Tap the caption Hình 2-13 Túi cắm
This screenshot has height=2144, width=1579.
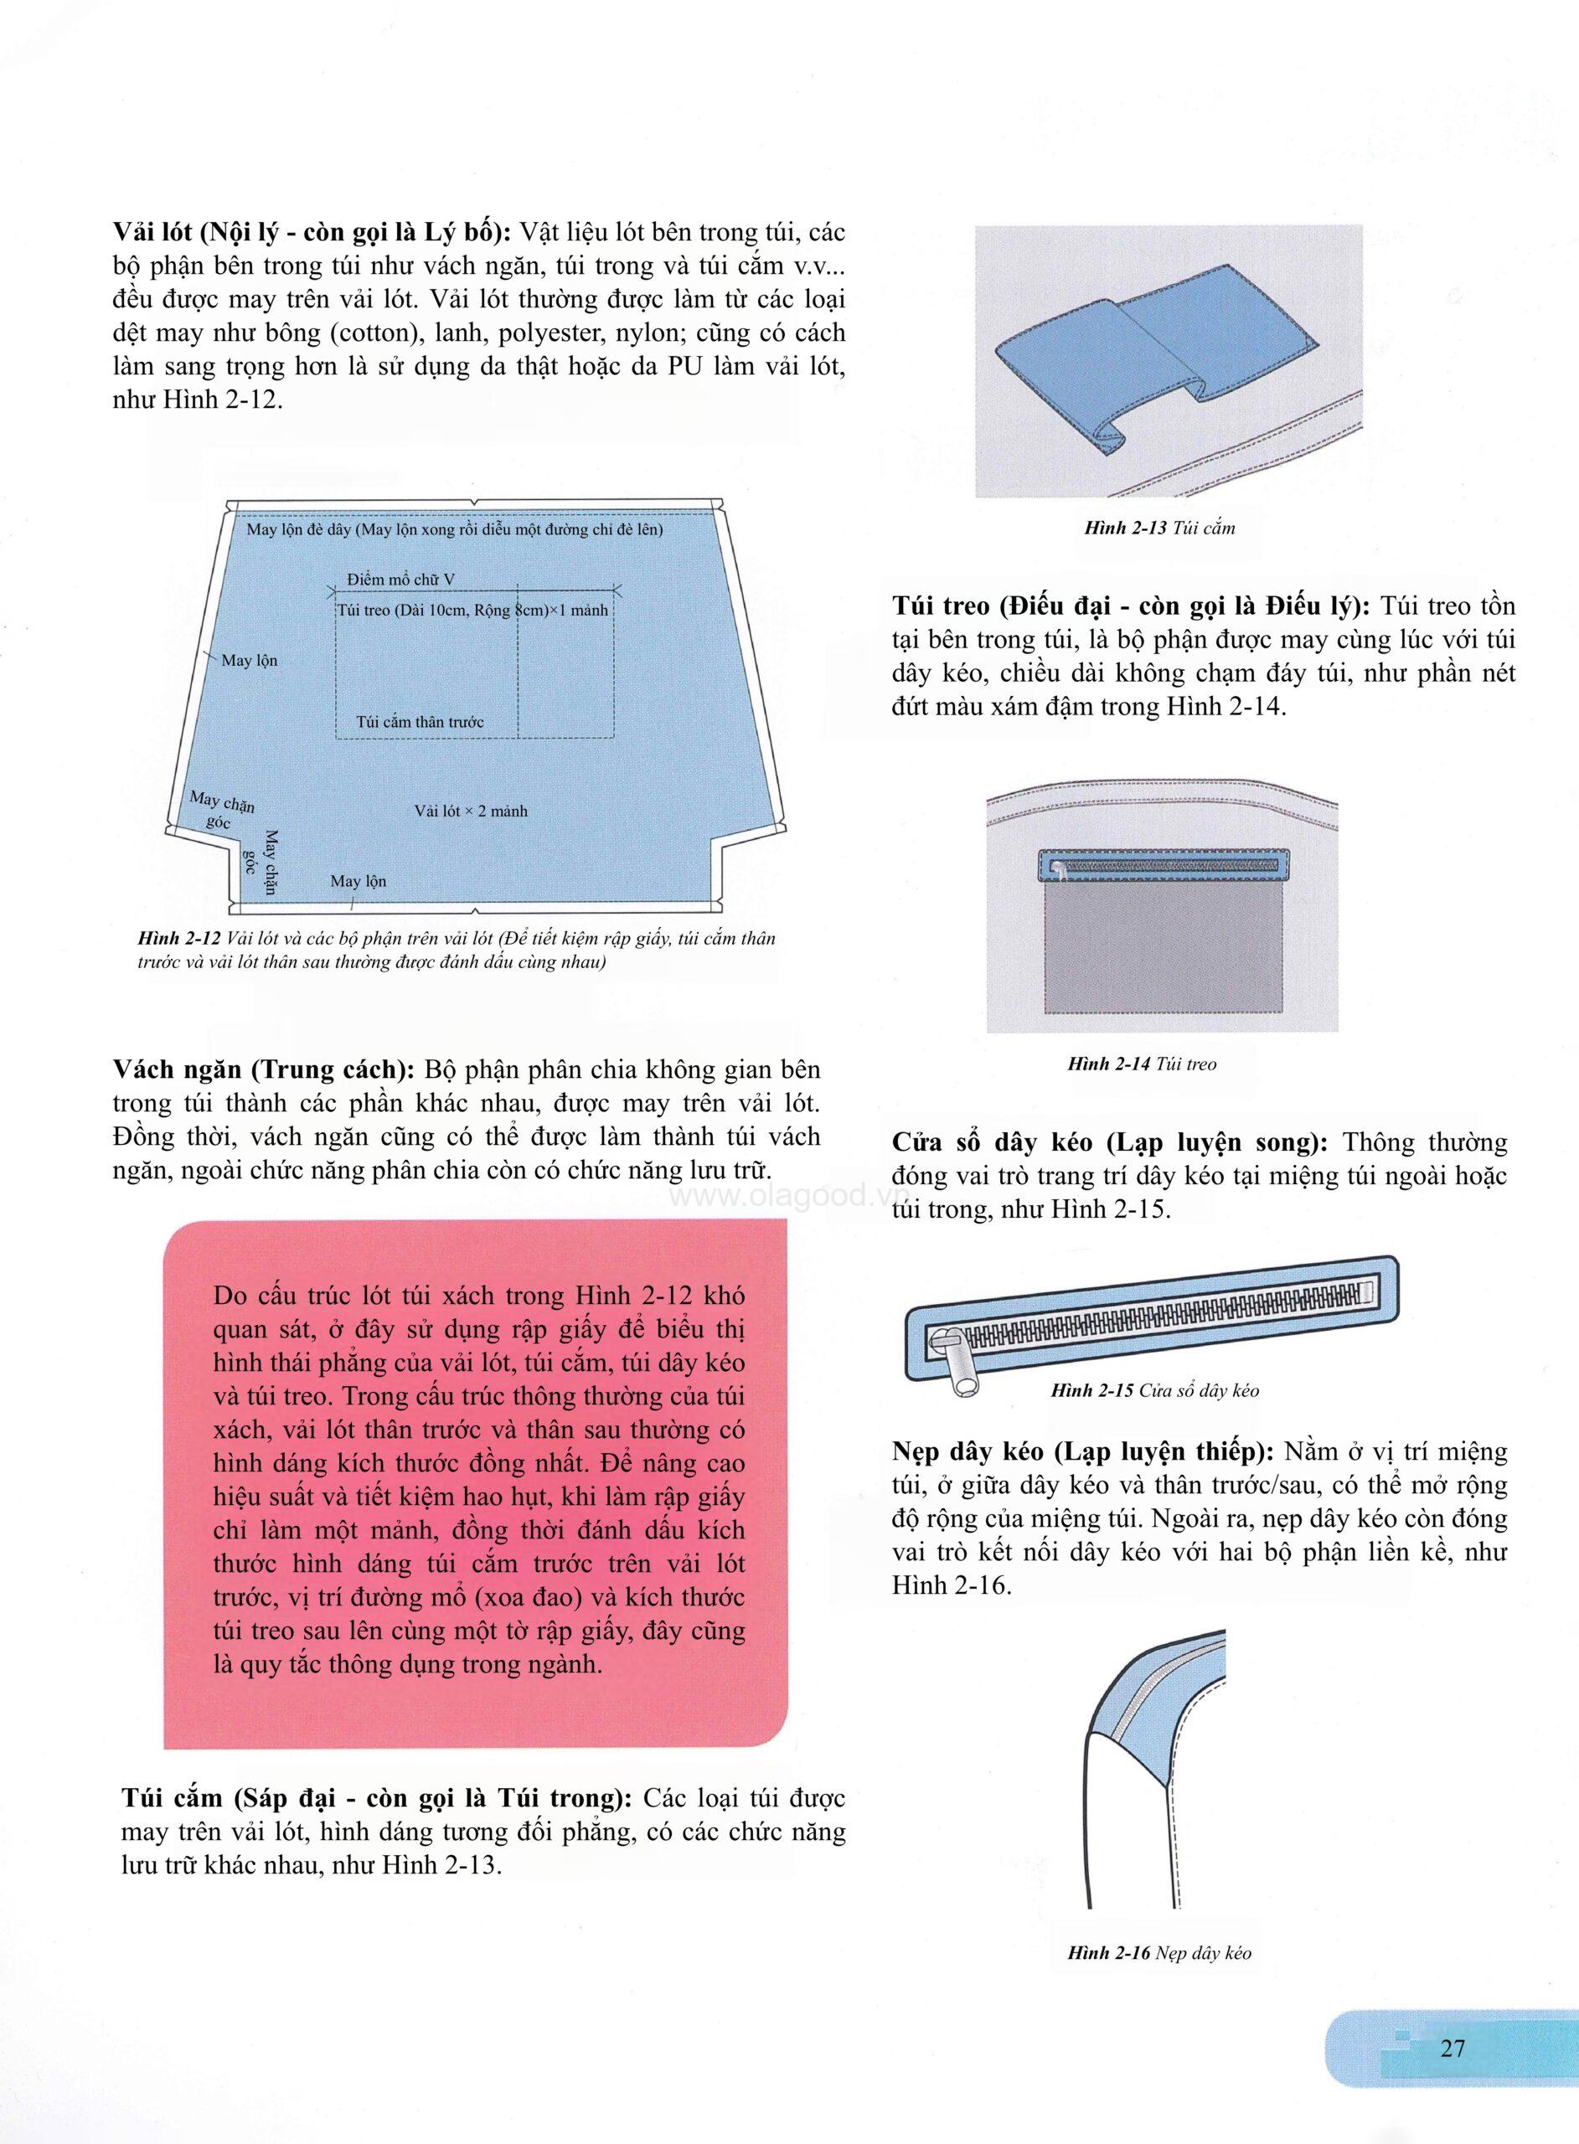coord(1159,528)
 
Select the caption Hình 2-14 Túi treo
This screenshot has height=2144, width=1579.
coord(1143,1064)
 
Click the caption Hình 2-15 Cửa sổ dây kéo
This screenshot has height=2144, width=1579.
coord(1154,1390)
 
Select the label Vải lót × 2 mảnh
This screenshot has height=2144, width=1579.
coord(470,812)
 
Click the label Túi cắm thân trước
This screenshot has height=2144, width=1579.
coord(420,721)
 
